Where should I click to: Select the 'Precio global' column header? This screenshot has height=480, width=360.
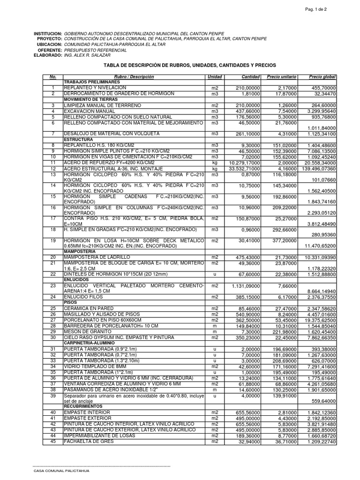tap(322, 76)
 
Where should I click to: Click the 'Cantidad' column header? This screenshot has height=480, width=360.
tap(250, 76)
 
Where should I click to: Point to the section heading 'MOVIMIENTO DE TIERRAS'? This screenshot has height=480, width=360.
tap(91, 99)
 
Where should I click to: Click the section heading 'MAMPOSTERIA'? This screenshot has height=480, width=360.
tap(80, 251)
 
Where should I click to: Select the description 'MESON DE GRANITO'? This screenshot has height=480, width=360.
tap(85, 331)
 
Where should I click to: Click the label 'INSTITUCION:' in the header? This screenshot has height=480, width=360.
tap(48, 34)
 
